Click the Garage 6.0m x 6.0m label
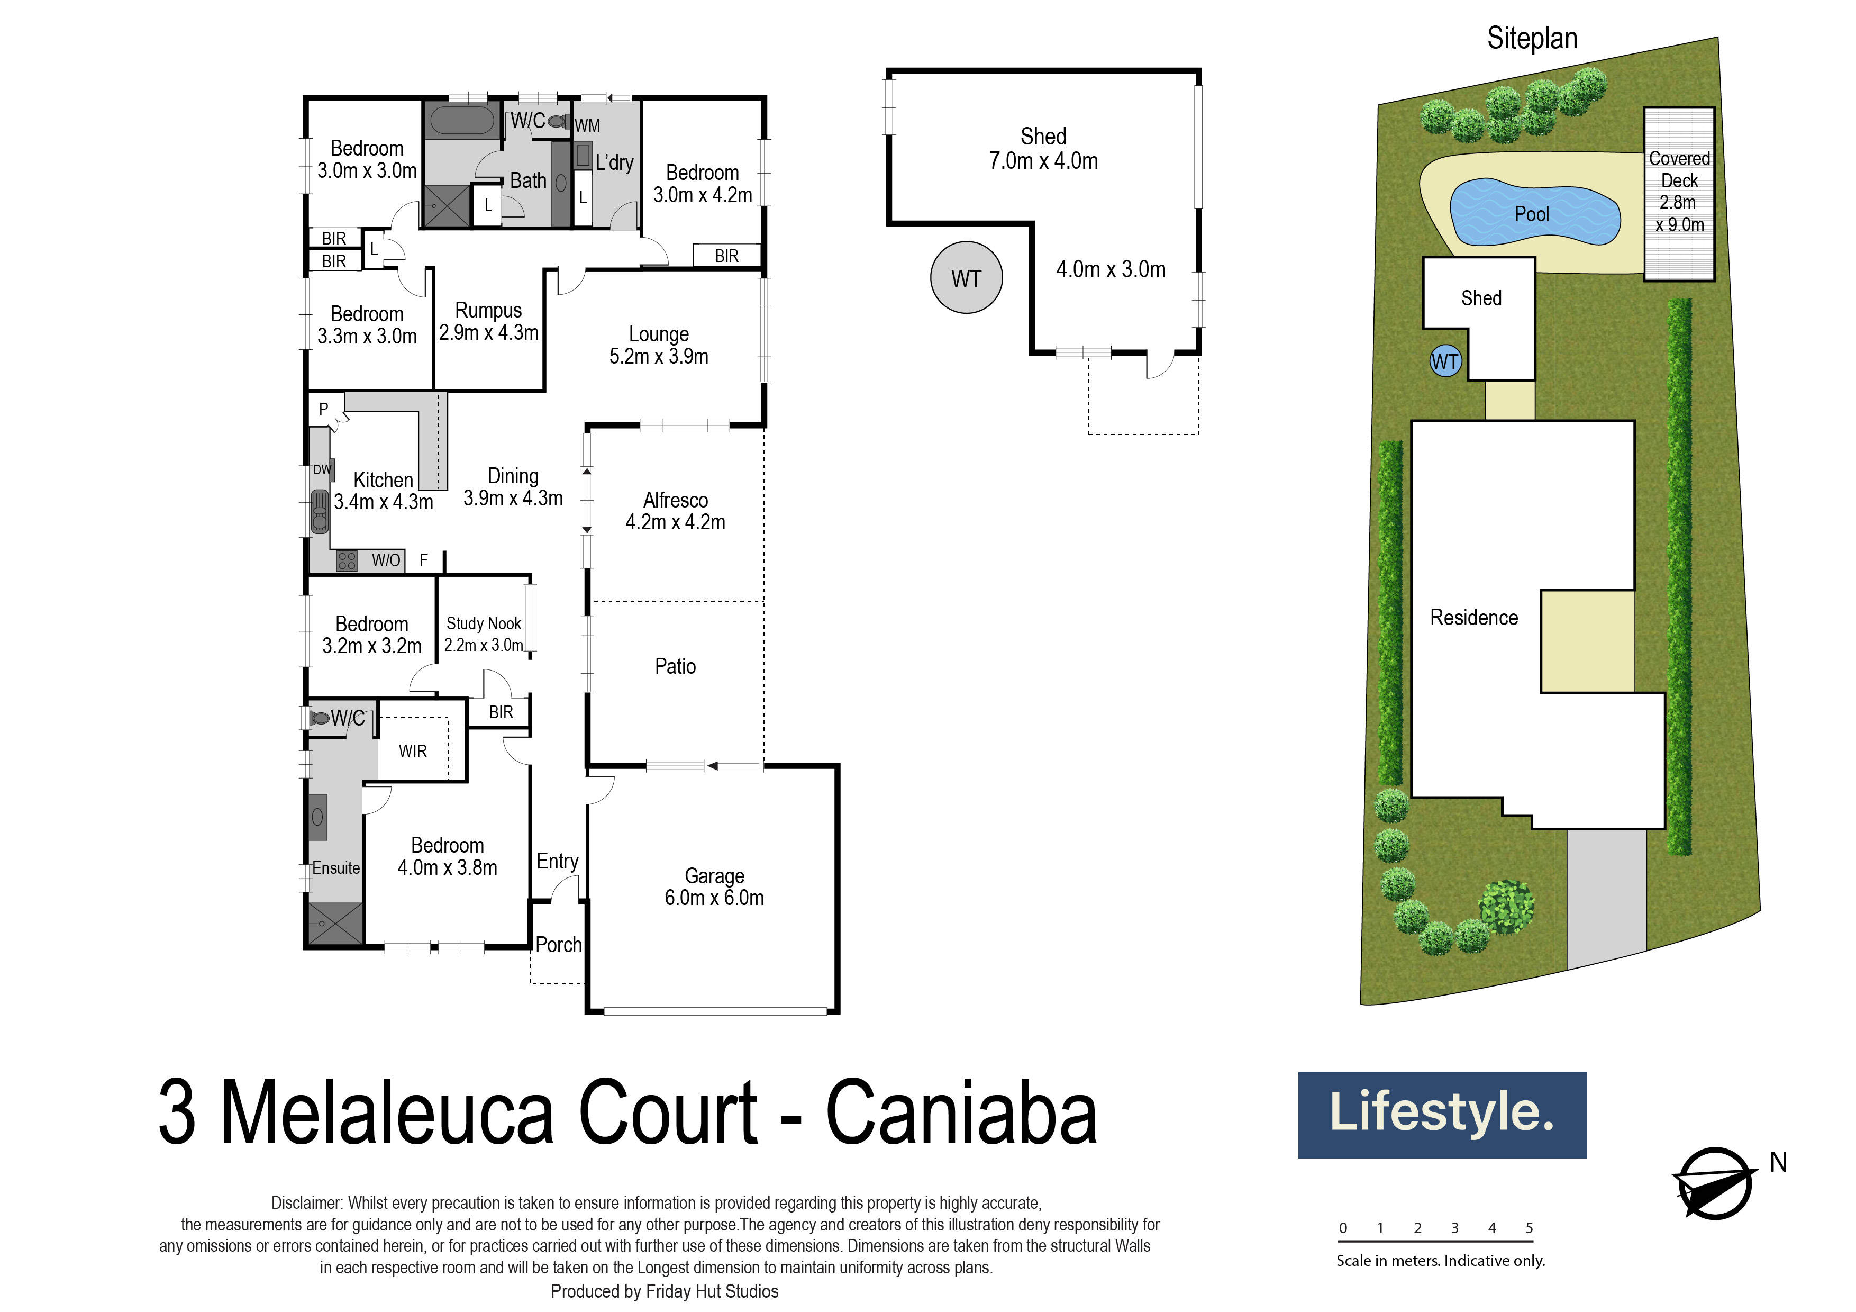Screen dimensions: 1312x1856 (714, 887)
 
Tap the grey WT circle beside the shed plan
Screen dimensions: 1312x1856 (966, 278)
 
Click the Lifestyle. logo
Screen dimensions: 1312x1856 (1441, 1114)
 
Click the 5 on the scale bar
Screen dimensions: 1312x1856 (1529, 1228)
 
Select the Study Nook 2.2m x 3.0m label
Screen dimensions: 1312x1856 (484, 634)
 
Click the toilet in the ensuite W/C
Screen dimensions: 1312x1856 (320, 718)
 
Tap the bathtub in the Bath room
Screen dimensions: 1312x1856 (461, 121)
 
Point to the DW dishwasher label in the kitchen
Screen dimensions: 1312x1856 (322, 469)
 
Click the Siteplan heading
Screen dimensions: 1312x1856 (1532, 38)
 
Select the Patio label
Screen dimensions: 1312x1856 (675, 666)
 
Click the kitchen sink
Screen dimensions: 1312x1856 (320, 511)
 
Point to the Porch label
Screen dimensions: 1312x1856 (558, 944)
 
